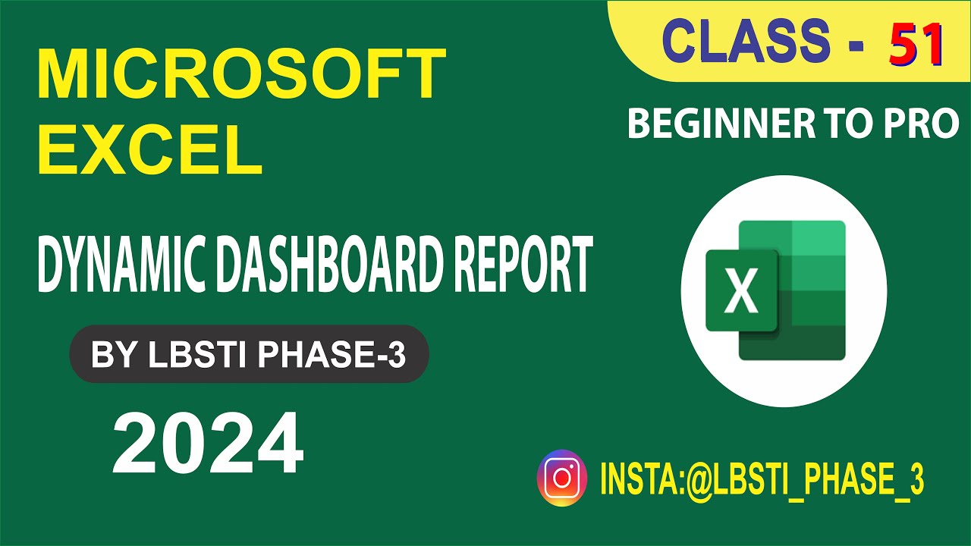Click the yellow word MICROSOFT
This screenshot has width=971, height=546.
click(x=241, y=75)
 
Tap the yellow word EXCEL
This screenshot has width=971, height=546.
click(x=150, y=149)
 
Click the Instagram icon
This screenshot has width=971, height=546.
click(x=562, y=478)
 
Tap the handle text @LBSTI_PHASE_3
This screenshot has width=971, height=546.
click(x=804, y=479)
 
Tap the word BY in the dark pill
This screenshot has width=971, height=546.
click(x=109, y=354)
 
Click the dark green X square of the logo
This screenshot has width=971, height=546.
click(x=741, y=291)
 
